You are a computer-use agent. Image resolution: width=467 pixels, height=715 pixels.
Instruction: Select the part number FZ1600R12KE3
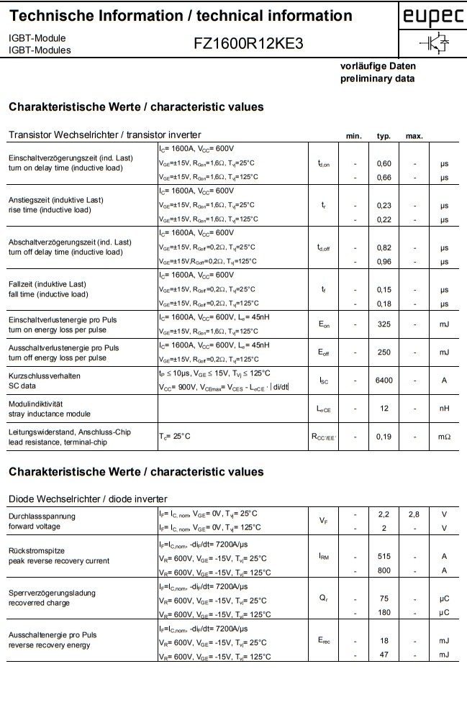click(248, 43)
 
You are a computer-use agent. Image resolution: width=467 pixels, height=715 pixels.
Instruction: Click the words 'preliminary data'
click(377, 78)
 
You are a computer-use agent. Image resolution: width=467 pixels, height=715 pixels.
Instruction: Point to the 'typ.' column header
click(384, 136)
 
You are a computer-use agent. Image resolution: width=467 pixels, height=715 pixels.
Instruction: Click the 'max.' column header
click(414, 136)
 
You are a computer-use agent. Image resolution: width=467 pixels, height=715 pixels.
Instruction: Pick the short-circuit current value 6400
click(384, 381)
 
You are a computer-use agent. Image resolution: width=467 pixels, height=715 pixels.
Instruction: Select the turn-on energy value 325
click(384, 324)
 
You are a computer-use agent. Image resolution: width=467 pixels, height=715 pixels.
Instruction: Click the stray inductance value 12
click(384, 409)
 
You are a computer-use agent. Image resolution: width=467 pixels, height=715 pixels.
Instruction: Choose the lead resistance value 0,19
click(384, 436)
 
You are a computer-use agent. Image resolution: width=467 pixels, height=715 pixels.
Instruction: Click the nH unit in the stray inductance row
click(444, 409)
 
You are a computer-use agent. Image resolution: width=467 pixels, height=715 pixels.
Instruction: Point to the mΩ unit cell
click(444, 436)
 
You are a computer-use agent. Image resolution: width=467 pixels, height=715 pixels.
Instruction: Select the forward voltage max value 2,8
click(414, 514)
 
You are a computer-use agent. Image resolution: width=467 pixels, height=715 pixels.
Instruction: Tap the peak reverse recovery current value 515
click(384, 556)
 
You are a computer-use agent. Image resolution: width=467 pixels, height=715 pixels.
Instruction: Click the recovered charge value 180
click(384, 612)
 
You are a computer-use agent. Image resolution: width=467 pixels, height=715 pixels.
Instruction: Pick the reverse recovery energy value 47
click(384, 655)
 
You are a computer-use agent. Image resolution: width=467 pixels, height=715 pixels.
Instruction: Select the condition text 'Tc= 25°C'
click(175, 436)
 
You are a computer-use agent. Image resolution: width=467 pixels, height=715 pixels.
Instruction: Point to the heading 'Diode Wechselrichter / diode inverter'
click(88, 498)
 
